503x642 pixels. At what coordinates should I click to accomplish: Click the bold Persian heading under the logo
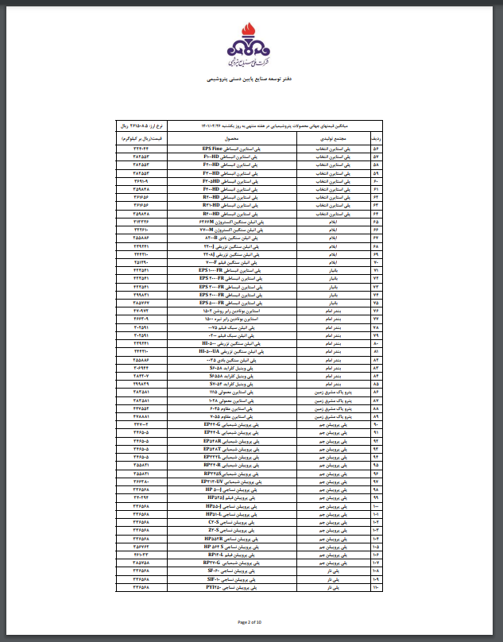click(251, 80)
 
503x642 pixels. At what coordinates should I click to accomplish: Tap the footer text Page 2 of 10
click(251, 621)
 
